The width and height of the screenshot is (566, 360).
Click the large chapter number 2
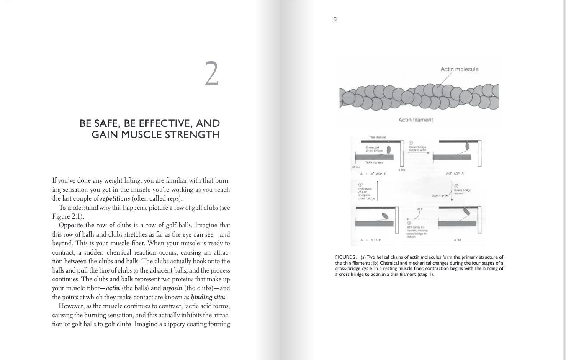tap(212, 74)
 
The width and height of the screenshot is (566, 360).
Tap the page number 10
tap(334, 19)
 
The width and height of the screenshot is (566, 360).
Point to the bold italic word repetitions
tap(115, 199)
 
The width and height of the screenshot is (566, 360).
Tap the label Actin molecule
tap(459, 69)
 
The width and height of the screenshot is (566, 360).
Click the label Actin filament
tap(416, 120)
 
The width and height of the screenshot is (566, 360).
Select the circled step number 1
tap(411, 142)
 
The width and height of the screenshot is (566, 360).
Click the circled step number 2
tap(456, 186)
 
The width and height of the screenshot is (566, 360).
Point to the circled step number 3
tap(409, 223)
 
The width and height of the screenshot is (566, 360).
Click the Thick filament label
tap(374, 162)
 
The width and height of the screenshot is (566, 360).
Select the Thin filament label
tap(377, 137)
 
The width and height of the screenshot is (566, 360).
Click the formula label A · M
tap(457, 240)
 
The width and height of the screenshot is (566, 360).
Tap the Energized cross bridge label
tap(372, 149)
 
